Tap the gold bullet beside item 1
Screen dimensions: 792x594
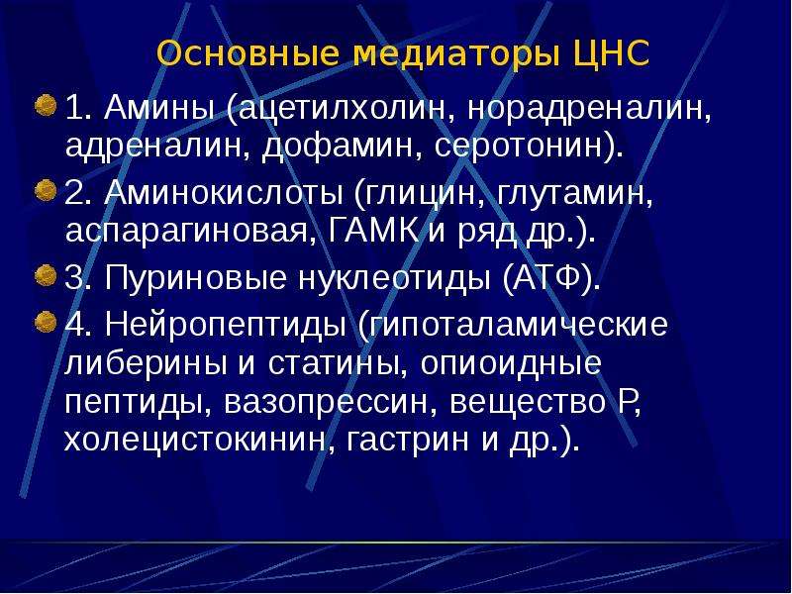tap(46, 105)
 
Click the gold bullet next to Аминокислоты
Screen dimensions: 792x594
tap(46, 190)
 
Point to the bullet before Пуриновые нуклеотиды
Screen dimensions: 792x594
tap(46, 276)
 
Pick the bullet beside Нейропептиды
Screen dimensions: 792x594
tap(46, 322)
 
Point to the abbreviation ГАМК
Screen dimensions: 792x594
tap(373, 232)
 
